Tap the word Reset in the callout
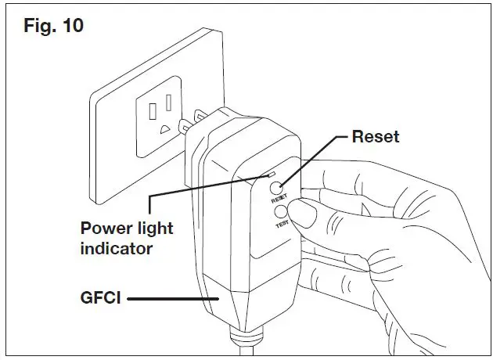click(375, 137)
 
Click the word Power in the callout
click(105, 229)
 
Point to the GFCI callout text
click(99, 297)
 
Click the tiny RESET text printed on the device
click(279, 199)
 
